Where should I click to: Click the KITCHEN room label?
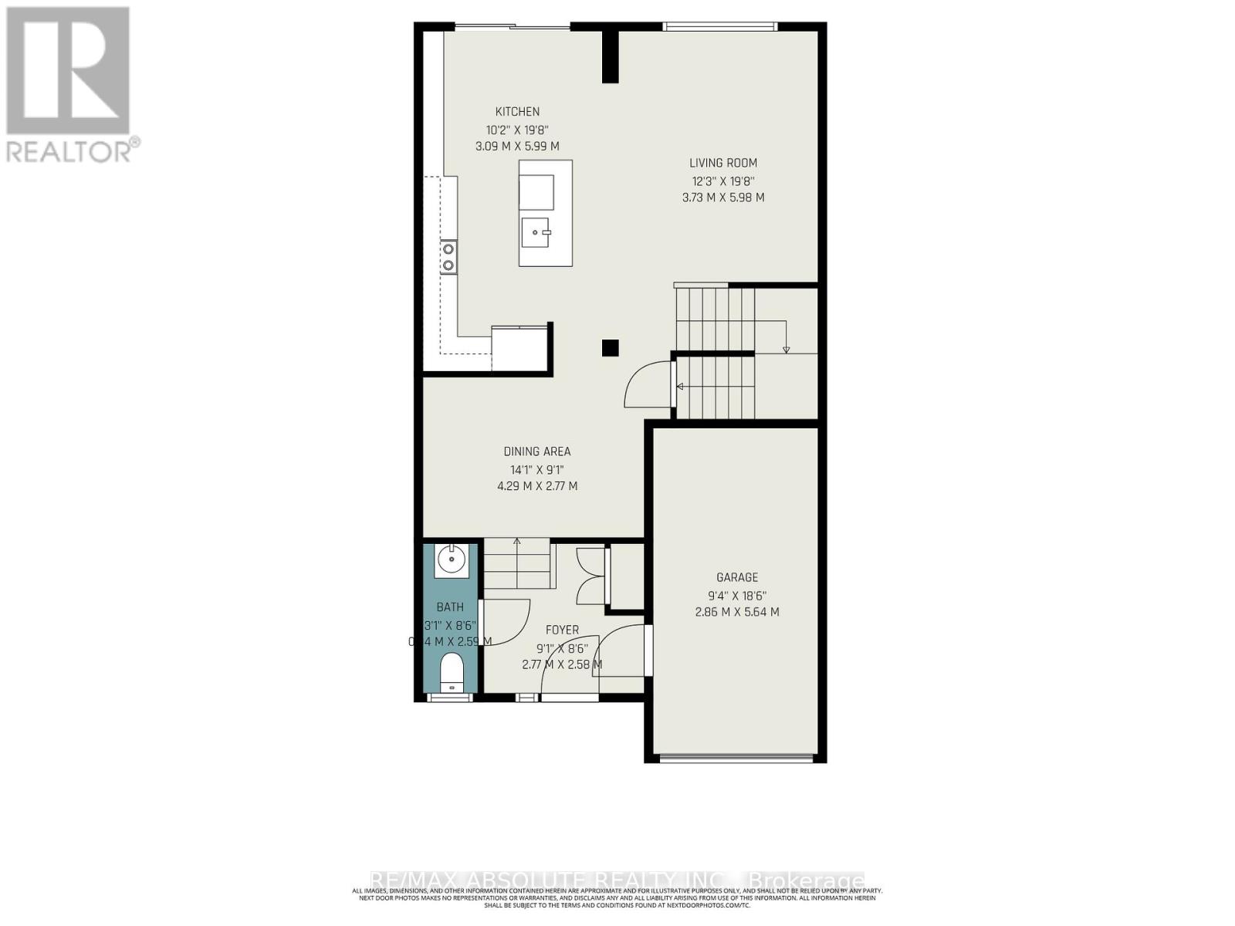(x=517, y=112)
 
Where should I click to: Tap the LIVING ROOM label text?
(x=723, y=163)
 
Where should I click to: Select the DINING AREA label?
(x=537, y=451)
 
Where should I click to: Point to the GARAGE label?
(x=737, y=577)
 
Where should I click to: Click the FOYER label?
(x=562, y=630)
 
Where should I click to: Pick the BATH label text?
(x=450, y=607)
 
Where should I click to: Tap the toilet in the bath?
(x=451, y=671)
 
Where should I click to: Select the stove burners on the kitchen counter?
(x=448, y=257)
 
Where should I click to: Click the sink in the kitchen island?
(x=536, y=231)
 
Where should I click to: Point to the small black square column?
(x=610, y=348)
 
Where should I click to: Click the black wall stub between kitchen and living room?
(x=610, y=56)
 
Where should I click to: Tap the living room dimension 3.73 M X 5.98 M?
(x=723, y=198)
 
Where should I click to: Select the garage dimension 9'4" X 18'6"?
(x=737, y=595)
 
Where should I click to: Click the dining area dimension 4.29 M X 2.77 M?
(x=537, y=486)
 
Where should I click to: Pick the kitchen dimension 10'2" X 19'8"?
(x=517, y=130)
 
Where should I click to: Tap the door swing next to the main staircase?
(x=647, y=385)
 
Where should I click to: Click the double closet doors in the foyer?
(x=591, y=576)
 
